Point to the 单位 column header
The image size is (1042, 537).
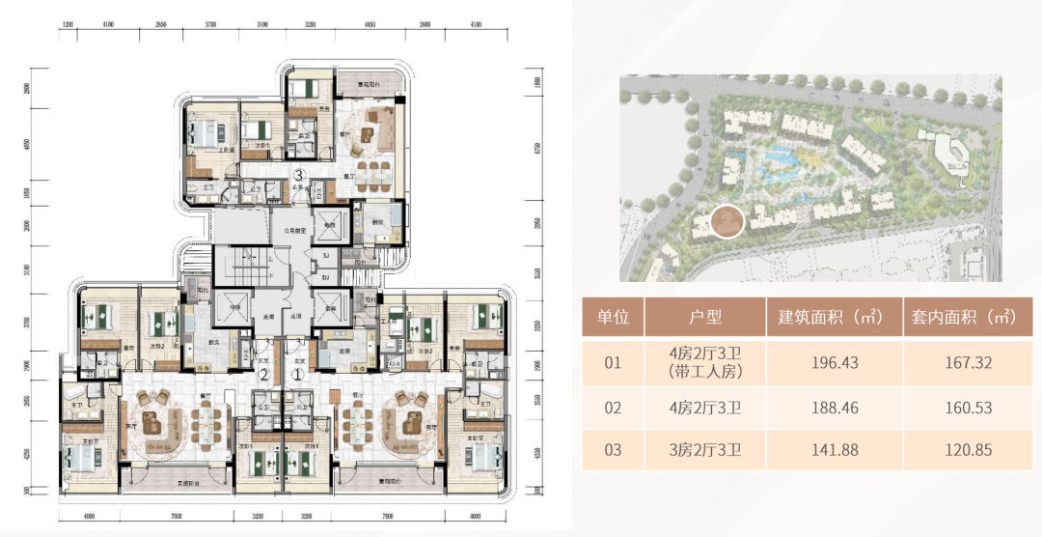coord(613,316)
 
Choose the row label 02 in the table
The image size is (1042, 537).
coord(613,408)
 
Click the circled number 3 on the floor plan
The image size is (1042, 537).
coord(300,176)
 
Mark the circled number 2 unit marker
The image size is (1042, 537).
coord(262,375)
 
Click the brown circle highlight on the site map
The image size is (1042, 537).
coord(727,222)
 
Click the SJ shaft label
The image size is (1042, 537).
coord(327,256)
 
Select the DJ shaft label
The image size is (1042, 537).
coord(327,276)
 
